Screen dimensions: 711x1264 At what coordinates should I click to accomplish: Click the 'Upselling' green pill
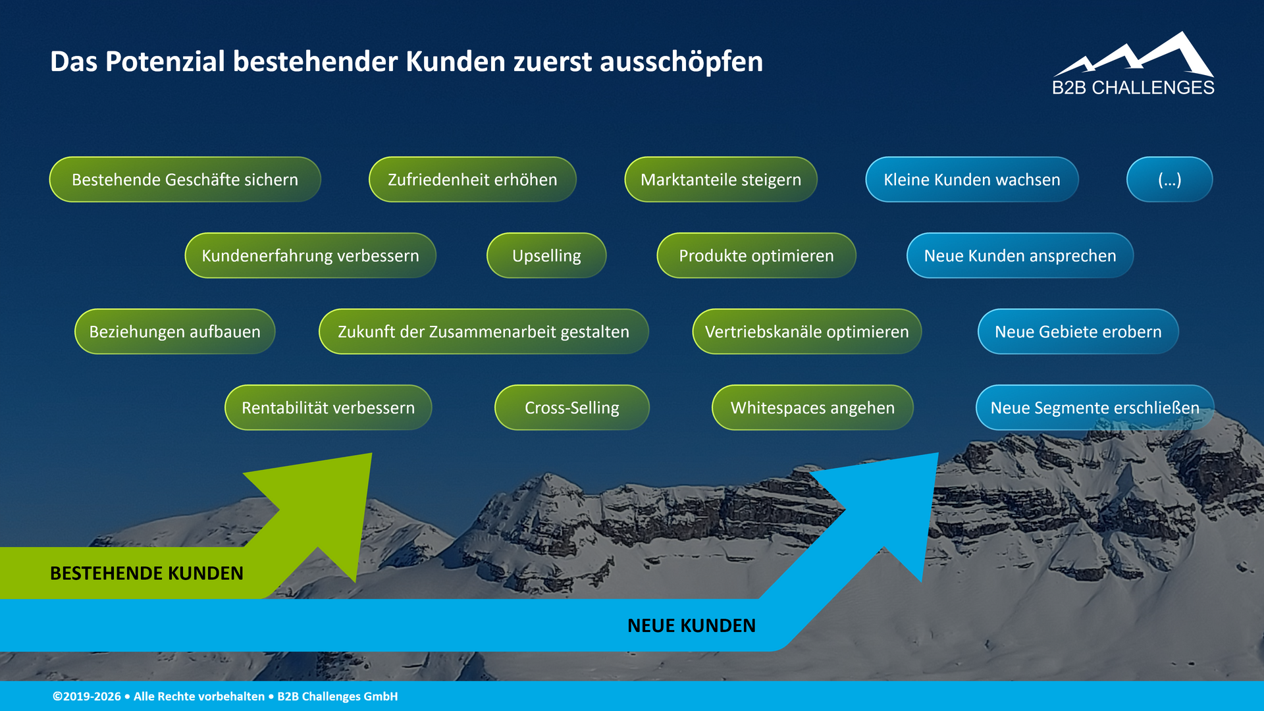[x=546, y=255]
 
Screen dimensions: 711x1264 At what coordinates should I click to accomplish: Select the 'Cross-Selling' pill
[x=571, y=408]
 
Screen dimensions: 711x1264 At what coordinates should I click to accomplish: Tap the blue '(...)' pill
[x=1169, y=179]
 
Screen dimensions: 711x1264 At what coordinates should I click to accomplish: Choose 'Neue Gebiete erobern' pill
[x=1078, y=331]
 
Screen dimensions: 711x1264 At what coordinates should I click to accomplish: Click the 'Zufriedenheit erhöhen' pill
[x=472, y=179]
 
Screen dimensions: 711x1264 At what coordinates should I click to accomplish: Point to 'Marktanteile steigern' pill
[x=720, y=179]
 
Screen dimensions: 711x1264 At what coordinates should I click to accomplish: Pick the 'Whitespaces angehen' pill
[x=812, y=408]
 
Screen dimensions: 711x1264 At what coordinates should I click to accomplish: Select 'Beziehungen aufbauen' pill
[x=174, y=331]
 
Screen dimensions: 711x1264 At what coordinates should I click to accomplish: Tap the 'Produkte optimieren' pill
[x=756, y=255]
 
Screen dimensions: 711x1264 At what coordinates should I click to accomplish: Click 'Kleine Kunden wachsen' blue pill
[x=972, y=179]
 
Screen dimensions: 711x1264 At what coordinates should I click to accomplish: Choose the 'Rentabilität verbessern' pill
[x=328, y=408]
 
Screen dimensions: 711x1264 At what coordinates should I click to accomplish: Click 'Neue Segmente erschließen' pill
[x=1094, y=408]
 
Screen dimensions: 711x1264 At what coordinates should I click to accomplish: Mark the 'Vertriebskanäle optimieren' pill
[x=806, y=331]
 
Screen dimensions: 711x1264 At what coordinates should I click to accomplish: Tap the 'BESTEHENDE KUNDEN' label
[x=146, y=573]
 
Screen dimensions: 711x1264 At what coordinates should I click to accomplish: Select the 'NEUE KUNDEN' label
[x=691, y=625]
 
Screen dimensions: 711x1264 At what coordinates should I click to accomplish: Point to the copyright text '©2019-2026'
[x=87, y=697]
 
